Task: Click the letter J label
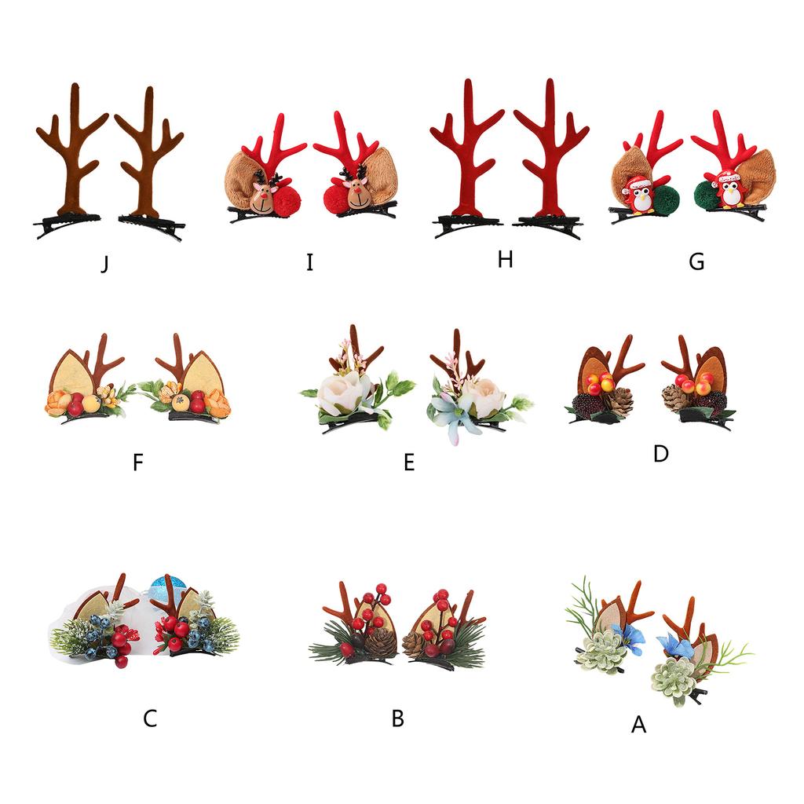[x=104, y=264]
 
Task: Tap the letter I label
[x=309, y=262]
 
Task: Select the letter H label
[x=505, y=260]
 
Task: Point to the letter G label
[x=696, y=262]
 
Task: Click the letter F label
[x=138, y=463]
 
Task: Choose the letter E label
[x=408, y=462]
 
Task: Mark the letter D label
[x=660, y=454]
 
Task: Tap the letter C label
[x=150, y=718]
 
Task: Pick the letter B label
[x=398, y=718]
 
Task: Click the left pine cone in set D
[x=618, y=401]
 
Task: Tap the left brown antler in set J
[x=71, y=149]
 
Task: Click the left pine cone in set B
[x=381, y=641]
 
